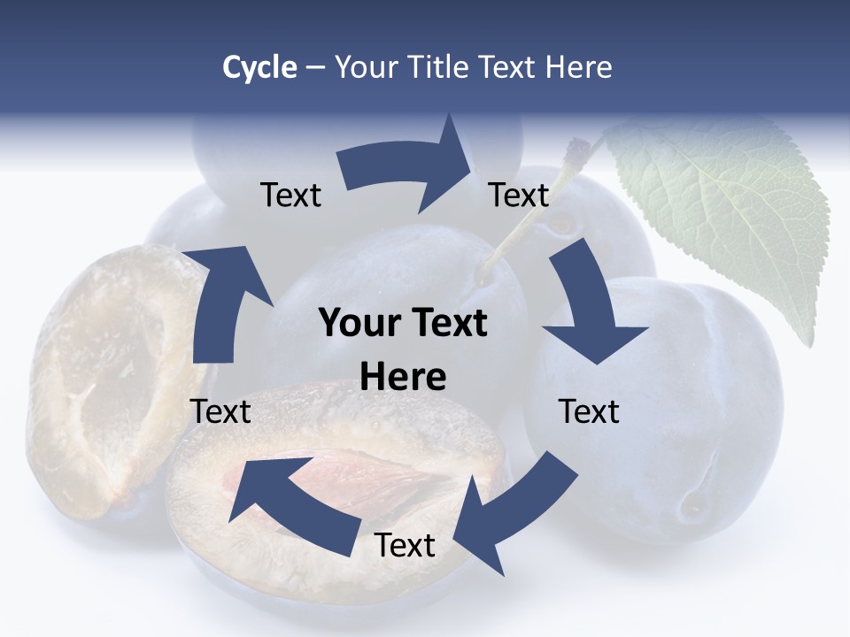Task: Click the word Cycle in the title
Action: pyautogui.click(x=259, y=67)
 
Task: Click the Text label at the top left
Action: pyautogui.click(x=290, y=196)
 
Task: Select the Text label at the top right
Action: pyautogui.click(x=519, y=196)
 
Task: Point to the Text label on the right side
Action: pyautogui.click(x=589, y=411)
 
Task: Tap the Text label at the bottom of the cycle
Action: pyautogui.click(x=405, y=546)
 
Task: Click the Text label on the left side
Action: pyautogui.click(x=220, y=411)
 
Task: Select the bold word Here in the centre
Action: pyautogui.click(x=403, y=378)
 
